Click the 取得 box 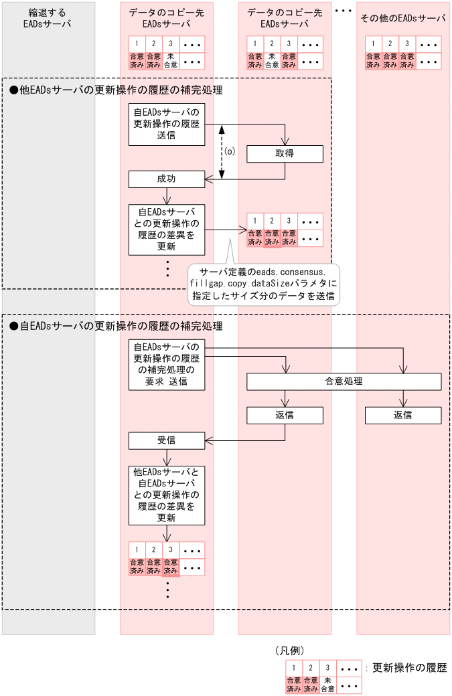tap(285, 154)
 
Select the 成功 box tap(167, 179)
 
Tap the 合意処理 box tap(344, 381)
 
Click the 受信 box tap(167, 440)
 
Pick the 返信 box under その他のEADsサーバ tap(402, 415)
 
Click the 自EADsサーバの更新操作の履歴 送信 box tap(167, 124)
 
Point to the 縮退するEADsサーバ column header tap(48, 18)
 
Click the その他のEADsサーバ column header tap(402, 18)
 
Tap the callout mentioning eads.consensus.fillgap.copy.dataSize tap(262, 284)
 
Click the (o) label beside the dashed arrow tap(230, 152)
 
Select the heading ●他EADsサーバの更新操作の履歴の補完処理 tap(116, 90)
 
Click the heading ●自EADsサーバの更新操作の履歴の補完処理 tap(116, 327)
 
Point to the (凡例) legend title tap(291, 650)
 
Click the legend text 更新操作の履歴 tap(409, 668)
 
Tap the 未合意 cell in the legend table tap(327, 684)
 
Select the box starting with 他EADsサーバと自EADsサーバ tap(167, 495)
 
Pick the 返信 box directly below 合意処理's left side tap(285, 415)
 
